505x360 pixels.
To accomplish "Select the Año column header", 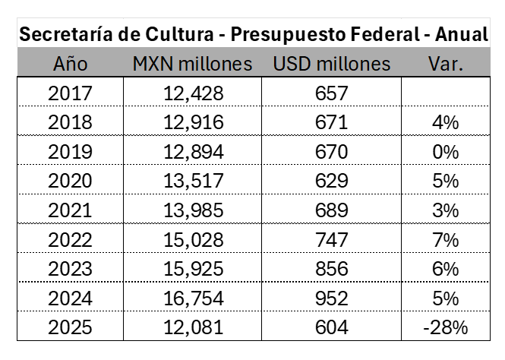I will click(x=71, y=64).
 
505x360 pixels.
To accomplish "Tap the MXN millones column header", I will click(x=193, y=64).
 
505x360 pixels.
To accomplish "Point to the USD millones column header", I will click(x=331, y=64).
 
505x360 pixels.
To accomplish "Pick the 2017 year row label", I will click(x=70, y=93).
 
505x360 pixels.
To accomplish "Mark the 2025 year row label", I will click(x=70, y=328).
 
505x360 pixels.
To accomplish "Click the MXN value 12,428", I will click(x=193, y=93).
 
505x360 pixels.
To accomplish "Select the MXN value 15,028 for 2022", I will click(x=193, y=240).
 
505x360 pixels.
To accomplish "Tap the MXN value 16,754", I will click(x=193, y=299).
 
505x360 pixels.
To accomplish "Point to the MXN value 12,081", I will click(x=193, y=328).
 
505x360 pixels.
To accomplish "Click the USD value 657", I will click(x=331, y=93).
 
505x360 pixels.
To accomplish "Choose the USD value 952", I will click(x=331, y=299).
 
